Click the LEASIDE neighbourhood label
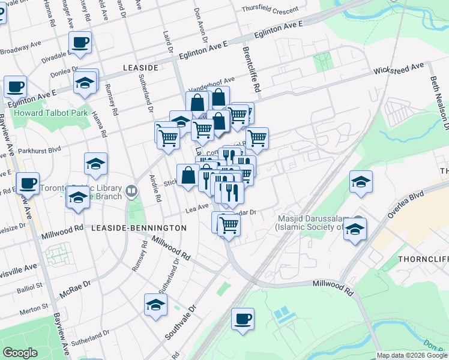point(140,68)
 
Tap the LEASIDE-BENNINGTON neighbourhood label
point(139,228)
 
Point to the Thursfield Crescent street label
point(270,10)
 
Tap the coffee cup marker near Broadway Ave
point(80,42)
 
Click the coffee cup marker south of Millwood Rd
point(243,319)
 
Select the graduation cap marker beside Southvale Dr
point(155,304)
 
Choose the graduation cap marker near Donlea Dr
point(85,83)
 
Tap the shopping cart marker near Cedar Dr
point(228,225)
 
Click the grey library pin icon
point(132,191)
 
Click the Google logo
point(20,353)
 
